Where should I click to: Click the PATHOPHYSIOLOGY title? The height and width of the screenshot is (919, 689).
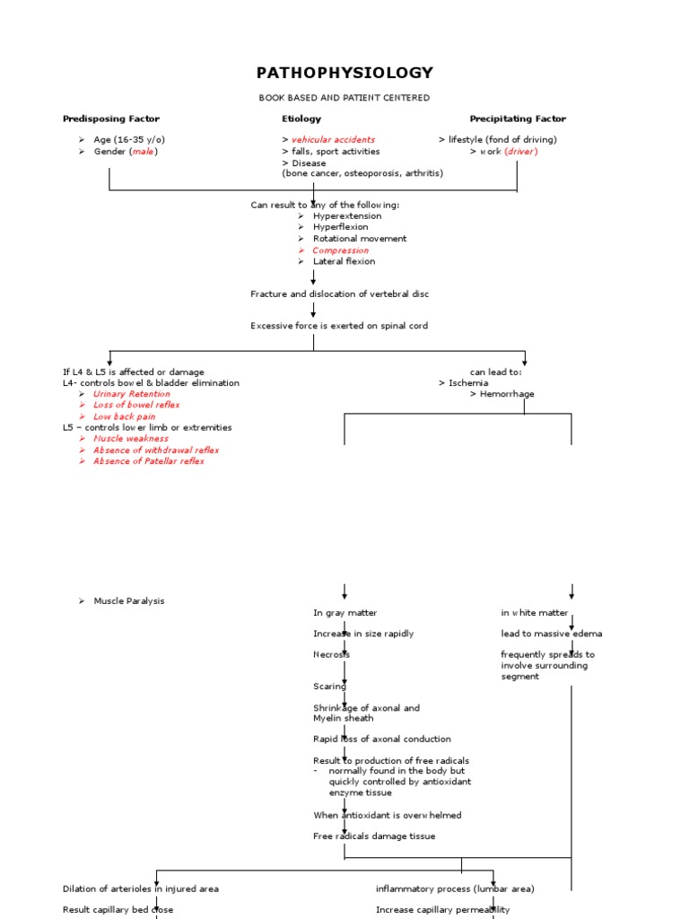[344, 73]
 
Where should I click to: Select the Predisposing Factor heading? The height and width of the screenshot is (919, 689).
[111, 118]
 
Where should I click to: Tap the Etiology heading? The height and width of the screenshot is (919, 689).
[301, 118]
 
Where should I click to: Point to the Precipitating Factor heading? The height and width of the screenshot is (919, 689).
[518, 118]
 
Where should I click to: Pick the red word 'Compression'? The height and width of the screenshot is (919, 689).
[340, 250]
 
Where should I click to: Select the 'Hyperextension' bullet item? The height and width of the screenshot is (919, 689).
[346, 216]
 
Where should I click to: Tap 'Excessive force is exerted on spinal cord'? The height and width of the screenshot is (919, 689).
[339, 326]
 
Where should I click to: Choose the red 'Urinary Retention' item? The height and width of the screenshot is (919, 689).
[131, 394]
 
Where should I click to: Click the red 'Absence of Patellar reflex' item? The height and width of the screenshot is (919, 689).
[148, 461]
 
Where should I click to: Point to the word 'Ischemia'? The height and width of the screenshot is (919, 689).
[468, 382]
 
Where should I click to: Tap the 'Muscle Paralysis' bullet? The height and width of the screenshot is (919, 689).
[129, 601]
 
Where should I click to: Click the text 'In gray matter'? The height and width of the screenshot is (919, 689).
[345, 613]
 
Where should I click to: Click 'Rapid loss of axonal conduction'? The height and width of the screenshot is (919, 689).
[381, 740]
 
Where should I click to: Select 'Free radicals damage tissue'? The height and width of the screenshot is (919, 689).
[374, 836]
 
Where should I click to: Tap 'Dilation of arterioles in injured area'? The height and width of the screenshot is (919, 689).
[141, 888]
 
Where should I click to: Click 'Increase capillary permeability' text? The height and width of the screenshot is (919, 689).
[442, 909]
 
